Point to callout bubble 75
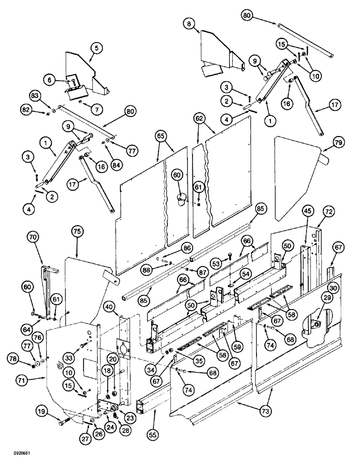point(78,231)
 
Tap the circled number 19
point(42,411)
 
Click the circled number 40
point(109,307)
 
